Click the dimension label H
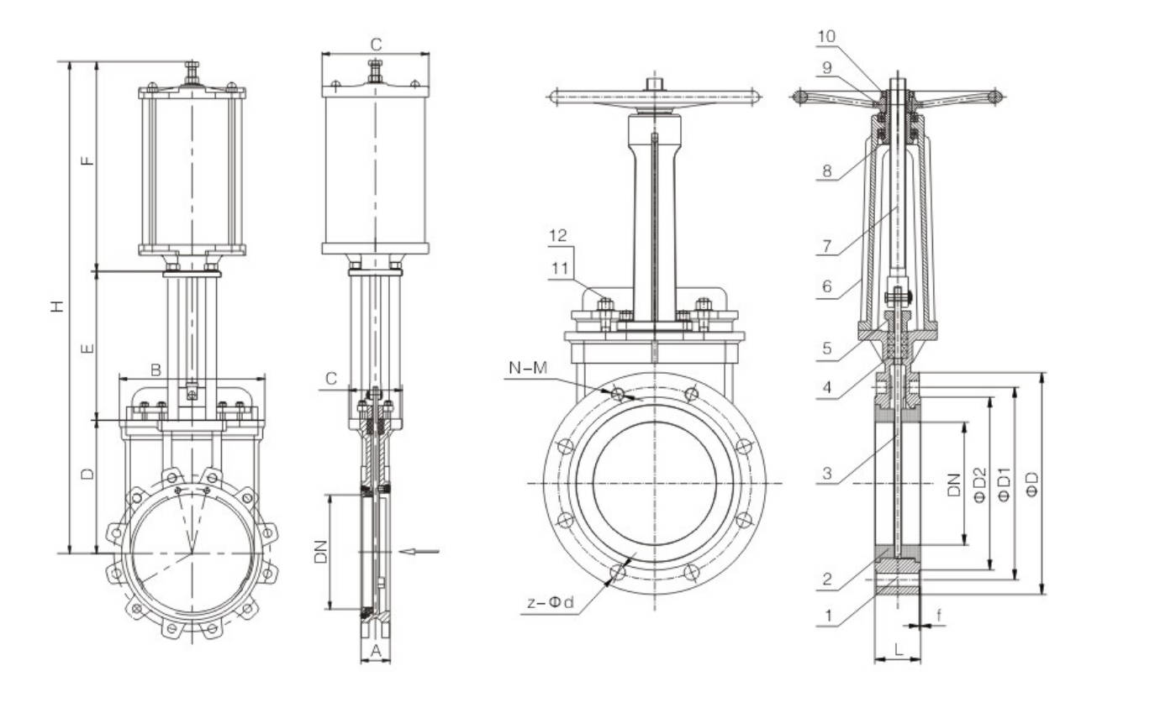tap(57, 307)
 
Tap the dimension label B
tap(156, 370)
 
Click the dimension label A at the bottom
tap(376, 651)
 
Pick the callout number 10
tap(825, 36)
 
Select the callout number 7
tap(827, 246)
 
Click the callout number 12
tap(558, 235)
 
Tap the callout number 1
tap(829, 616)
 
